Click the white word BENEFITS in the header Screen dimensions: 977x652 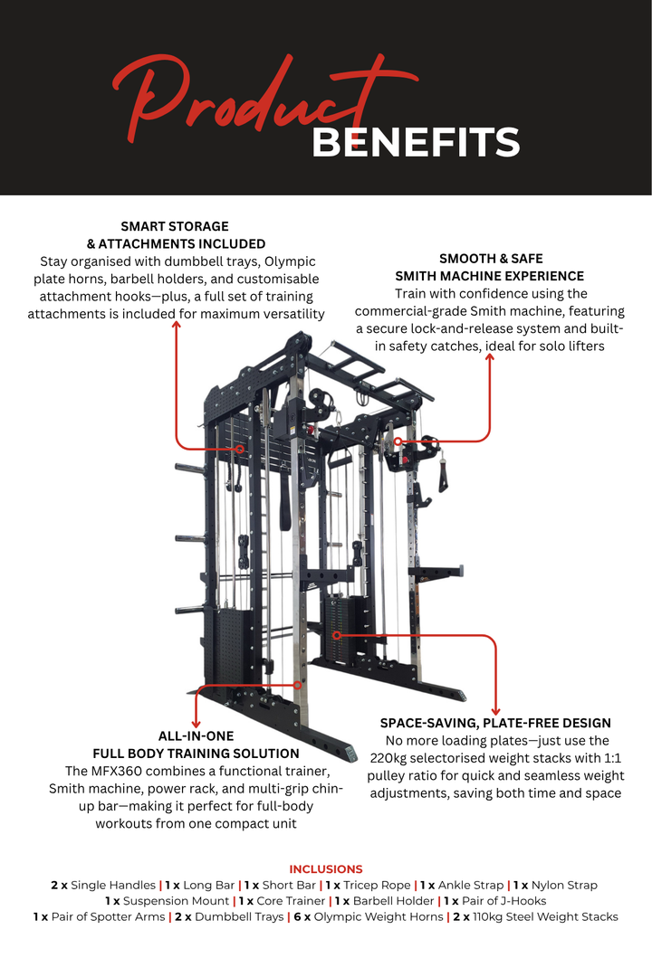tap(416, 143)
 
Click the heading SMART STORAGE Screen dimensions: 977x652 tap(175, 226)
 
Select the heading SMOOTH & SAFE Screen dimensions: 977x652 tap(491, 259)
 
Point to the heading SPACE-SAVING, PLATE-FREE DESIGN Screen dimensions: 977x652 tap(495, 723)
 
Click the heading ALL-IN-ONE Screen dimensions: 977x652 tap(197, 736)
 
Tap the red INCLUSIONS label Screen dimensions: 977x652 tap(326, 868)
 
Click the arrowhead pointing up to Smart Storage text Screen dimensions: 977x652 tap(177, 324)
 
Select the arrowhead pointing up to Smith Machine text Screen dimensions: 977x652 tap(490, 358)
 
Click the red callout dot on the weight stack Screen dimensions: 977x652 tap(336, 635)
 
